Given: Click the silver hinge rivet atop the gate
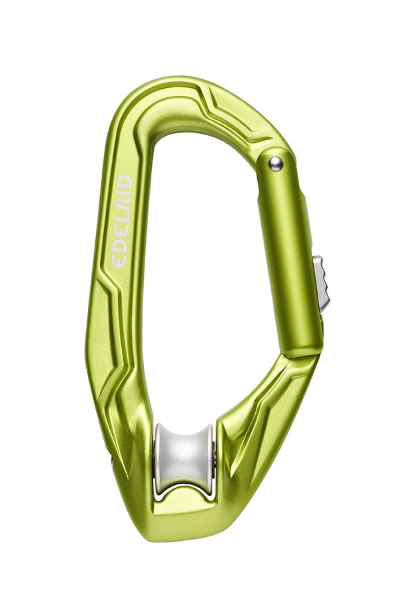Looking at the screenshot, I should (275, 163).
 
